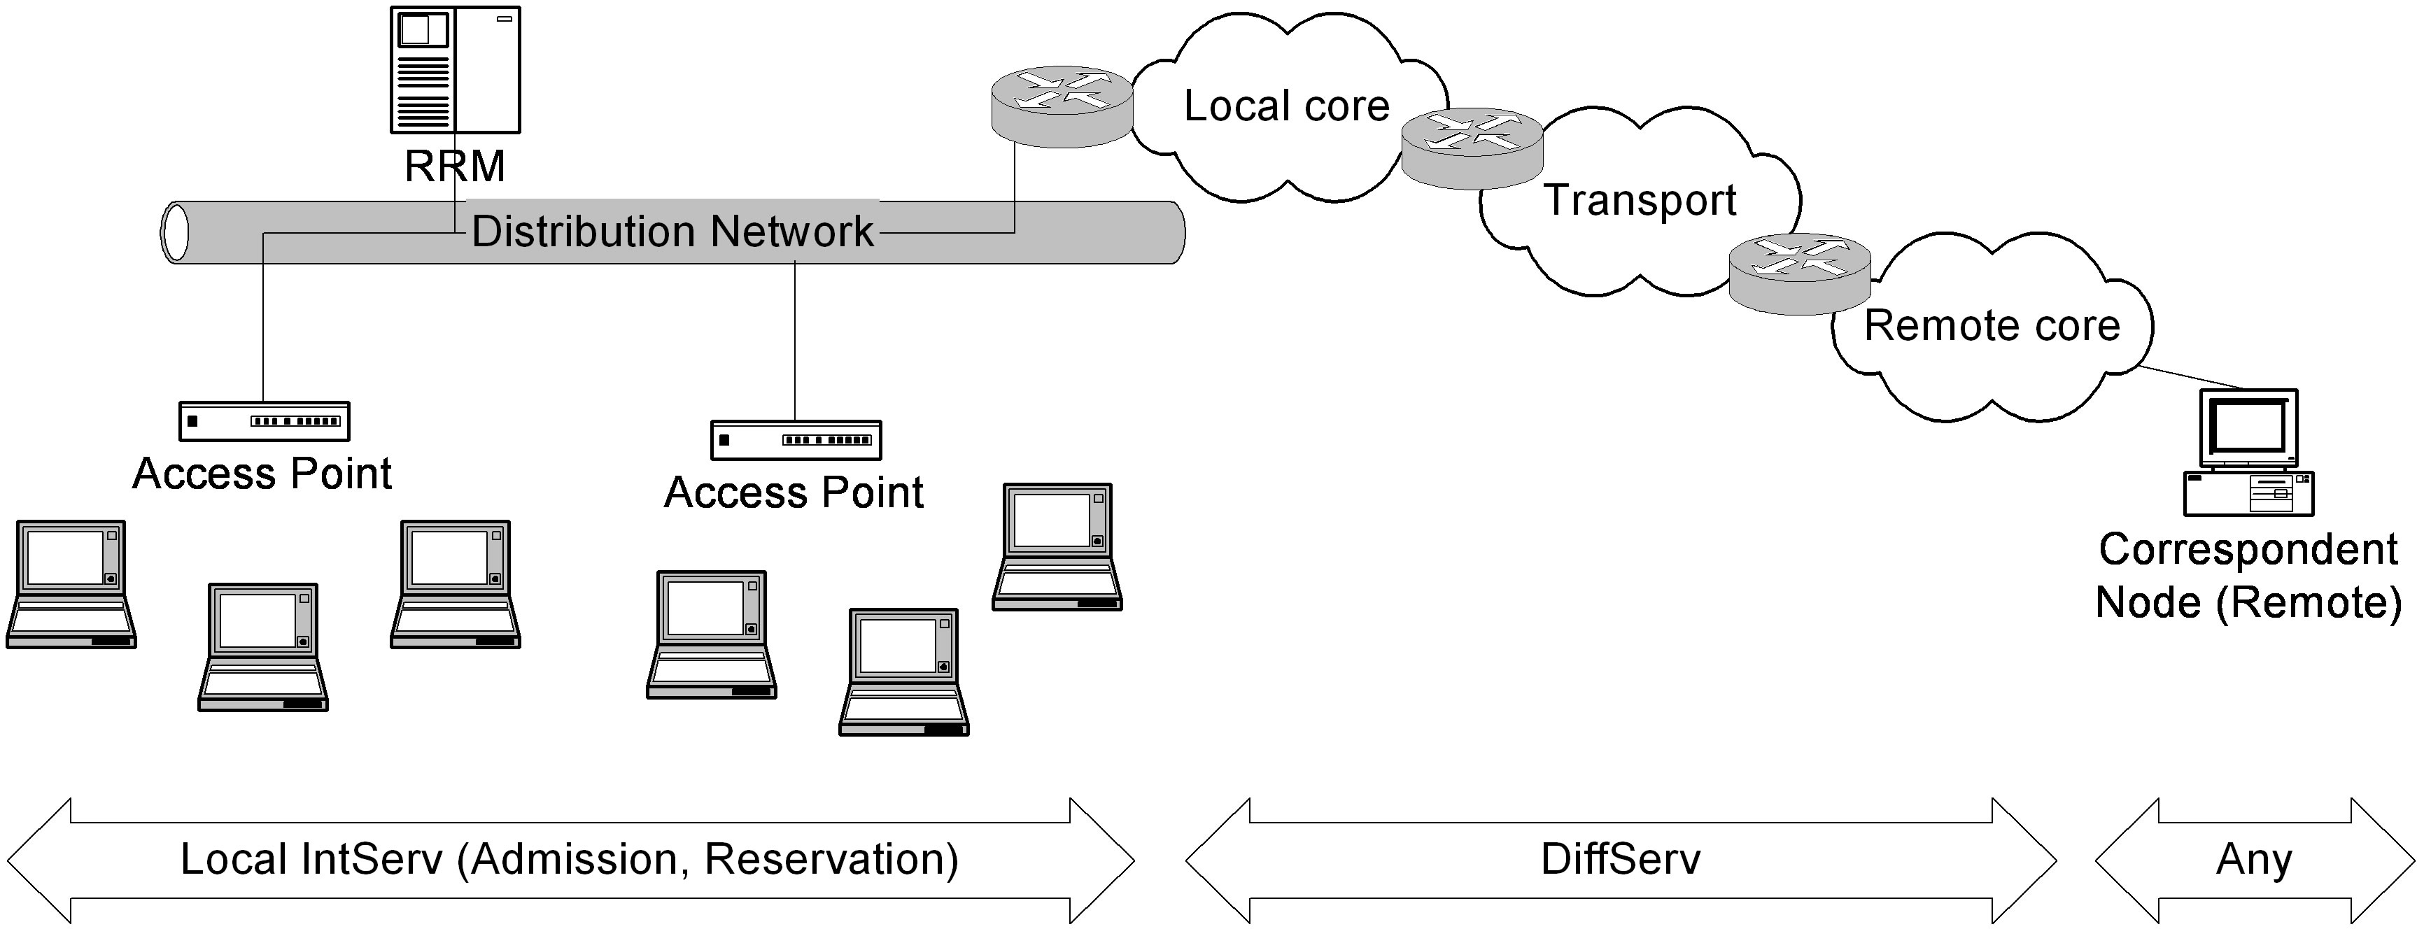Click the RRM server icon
pos(455,71)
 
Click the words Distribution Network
pos(672,231)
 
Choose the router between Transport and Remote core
pos(1800,273)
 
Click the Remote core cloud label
pos(1991,325)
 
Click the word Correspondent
pos(2248,549)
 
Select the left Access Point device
pos(264,421)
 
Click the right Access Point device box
pos(796,440)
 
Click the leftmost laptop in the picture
pos(71,583)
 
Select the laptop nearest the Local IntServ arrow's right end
pos(903,671)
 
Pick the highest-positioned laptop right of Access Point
pos(1057,546)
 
